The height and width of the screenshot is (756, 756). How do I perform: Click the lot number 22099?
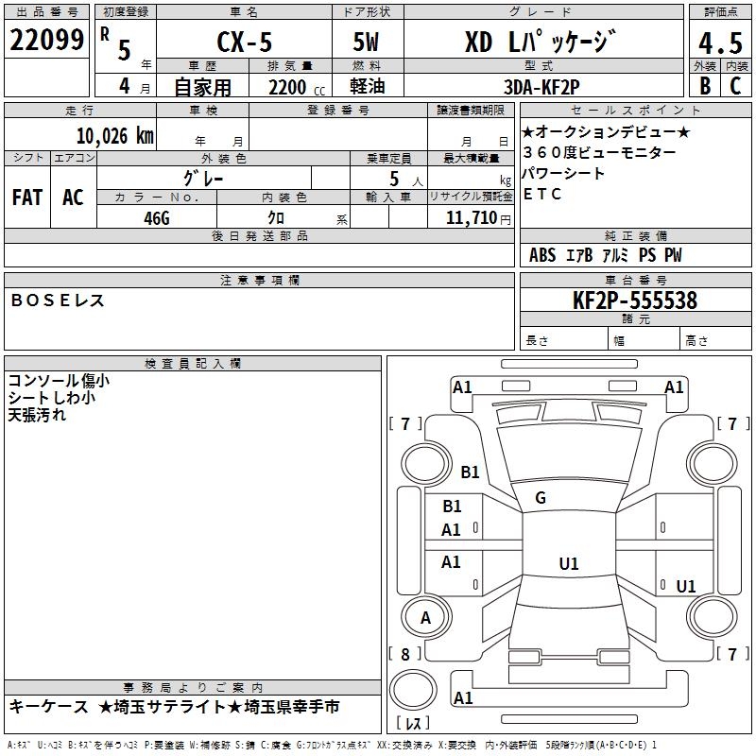tap(46, 40)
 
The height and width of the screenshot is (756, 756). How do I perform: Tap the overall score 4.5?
tap(719, 43)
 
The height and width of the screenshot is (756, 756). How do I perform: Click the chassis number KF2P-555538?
tap(635, 301)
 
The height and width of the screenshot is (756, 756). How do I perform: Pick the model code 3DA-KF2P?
tap(541, 86)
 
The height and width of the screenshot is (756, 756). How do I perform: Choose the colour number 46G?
tap(157, 216)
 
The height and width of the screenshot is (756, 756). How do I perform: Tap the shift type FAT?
tap(27, 198)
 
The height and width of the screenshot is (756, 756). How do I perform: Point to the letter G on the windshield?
tap(541, 497)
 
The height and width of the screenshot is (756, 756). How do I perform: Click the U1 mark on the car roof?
tap(568, 563)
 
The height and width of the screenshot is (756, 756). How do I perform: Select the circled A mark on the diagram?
tap(425, 618)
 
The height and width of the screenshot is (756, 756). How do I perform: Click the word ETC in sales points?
tap(542, 195)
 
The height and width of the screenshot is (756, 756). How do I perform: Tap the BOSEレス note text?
tap(58, 301)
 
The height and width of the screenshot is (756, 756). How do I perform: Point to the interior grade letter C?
tap(734, 86)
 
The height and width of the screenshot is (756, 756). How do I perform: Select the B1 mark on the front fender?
tap(470, 472)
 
